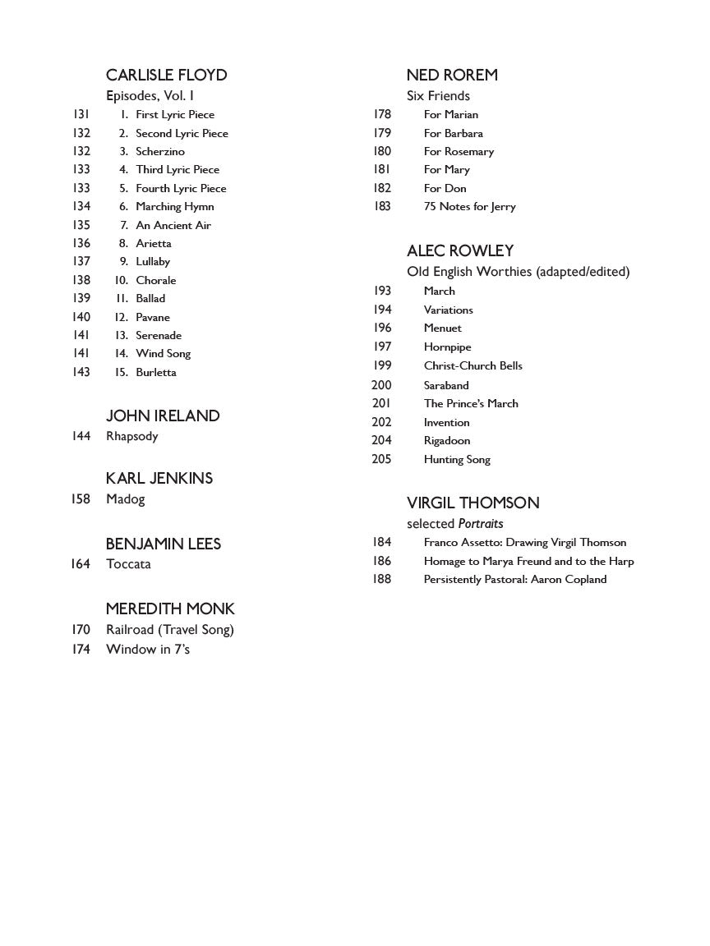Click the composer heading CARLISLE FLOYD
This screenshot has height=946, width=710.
[x=166, y=75]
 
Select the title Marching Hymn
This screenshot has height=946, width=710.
[x=174, y=206]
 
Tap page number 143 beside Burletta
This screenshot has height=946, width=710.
[x=81, y=372]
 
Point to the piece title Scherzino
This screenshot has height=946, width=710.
[x=160, y=151]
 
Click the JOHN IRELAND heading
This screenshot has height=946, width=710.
[x=163, y=416]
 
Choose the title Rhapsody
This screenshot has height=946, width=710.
[x=131, y=436]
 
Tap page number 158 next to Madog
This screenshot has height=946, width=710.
[x=81, y=498]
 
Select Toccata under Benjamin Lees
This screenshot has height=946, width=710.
[x=128, y=564]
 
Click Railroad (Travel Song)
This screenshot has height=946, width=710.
[x=170, y=630]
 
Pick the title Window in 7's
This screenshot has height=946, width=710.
[x=148, y=650]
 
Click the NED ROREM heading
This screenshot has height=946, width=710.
[x=452, y=75]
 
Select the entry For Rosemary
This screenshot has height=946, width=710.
[x=459, y=151]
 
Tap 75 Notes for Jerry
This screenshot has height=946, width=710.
[x=469, y=206]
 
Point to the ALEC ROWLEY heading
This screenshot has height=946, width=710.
[x=459, y=250]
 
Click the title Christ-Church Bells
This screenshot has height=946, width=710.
[x=473, y=365]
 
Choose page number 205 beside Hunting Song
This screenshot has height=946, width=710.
[x=381, y=459]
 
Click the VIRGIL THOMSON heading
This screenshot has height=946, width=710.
[x=473, y=503]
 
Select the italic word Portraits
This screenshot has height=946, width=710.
[x=481, y=523]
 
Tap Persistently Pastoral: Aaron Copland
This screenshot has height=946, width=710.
[x=514, y=579]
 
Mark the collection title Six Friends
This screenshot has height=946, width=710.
[x=438, y=95]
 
